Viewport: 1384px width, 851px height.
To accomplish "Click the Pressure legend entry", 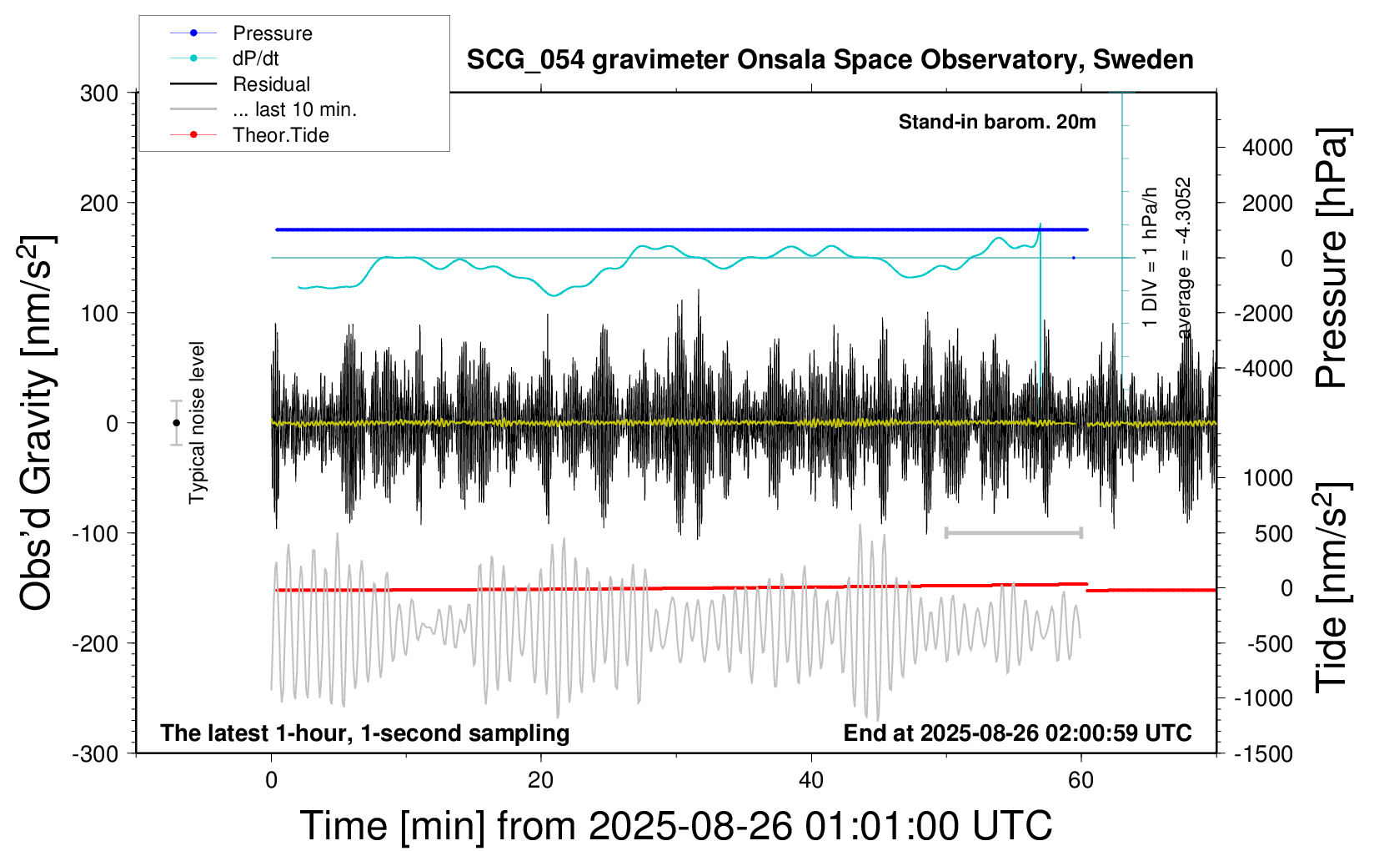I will click(x=272, y=33).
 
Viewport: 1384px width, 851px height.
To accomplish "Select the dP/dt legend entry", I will click(x=255, y=58).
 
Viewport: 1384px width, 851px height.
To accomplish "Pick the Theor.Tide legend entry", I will click(x=280, y=135).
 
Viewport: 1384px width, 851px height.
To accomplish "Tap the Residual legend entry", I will click(x=271, y=84).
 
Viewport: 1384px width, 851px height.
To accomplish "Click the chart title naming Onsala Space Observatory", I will click(x=830, y=60).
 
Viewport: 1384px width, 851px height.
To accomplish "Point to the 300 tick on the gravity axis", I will click(x=99, y=93).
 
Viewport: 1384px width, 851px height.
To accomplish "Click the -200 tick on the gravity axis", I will click(x=95, y=643).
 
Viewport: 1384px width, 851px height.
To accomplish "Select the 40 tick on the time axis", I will click(x=810, y=781).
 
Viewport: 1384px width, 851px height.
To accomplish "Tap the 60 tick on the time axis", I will click(x=1081, y=781).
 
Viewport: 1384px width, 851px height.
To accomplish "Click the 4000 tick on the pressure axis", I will click(x=1267, y=148).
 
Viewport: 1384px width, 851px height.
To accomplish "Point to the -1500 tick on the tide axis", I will click(x=1264, y=753).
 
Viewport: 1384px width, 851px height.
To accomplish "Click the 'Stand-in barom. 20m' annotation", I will click(x=997, y=122).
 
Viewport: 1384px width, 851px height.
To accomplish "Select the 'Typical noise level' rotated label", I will click(x=197, y=422).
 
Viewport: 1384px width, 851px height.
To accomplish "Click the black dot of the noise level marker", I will click(x=176, y=423).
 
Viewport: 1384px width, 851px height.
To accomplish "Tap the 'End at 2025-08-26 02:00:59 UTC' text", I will click(x=1017, y=733).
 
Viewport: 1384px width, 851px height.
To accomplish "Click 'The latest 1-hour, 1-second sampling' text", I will click(x=365, y=733).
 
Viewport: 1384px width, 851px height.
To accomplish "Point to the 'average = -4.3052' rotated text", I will click(x=1183, y=258).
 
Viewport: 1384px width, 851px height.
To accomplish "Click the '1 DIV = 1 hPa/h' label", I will click(x=1151, y=257).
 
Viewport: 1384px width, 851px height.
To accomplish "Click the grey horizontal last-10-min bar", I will click(x=1013, y=532).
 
